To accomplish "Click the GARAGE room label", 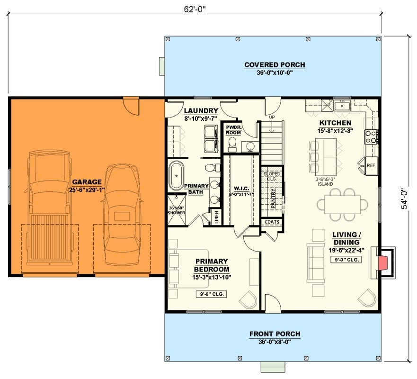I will (87, 181).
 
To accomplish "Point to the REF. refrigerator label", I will (371, 165).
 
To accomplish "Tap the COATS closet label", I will (272, 222).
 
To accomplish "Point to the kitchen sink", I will (341, 105).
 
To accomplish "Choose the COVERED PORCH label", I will (275, 65).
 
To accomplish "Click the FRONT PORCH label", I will (275, 334).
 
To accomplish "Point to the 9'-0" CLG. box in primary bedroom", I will (212, 294).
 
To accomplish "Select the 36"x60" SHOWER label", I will (177, 210).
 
